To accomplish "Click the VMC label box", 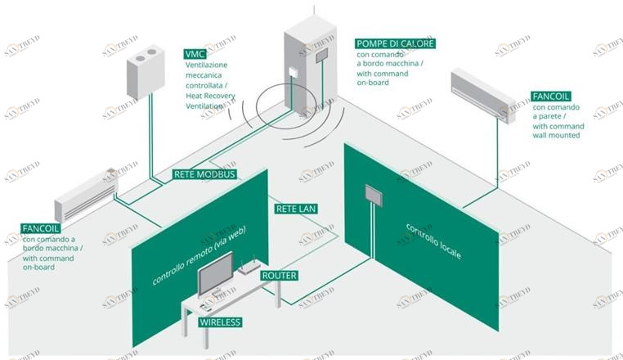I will tap(195, 54).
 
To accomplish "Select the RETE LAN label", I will tap(296, 209).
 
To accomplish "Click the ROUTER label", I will tap(279, 276).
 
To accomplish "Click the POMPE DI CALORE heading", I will tap(396, 43).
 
